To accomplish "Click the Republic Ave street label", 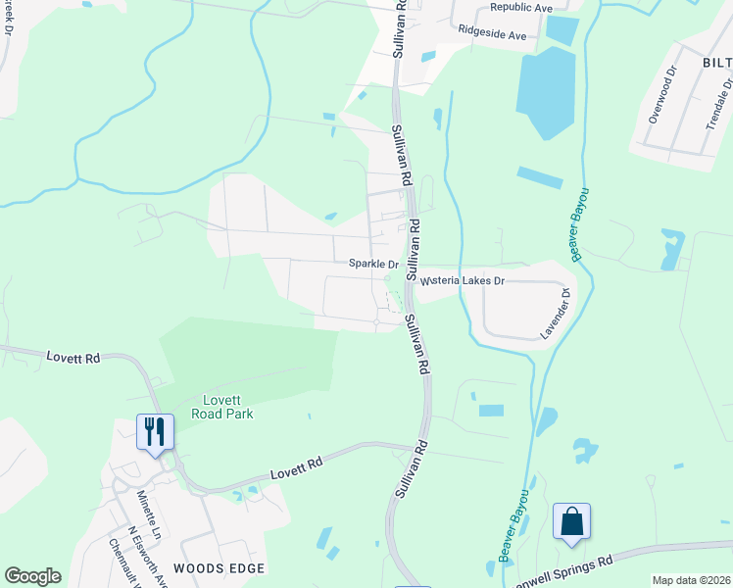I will pyautogui.click(x=521, y=7).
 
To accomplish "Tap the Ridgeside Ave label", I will pyautogui.click(x=493, y=34).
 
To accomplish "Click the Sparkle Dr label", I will pyautogui.click(x=373, y=264).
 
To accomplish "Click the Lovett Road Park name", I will pyautogui.click(x=227, y=407).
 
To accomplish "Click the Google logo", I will pyautogui.click(x=32, y=576).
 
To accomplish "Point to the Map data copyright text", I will pyautogui.click(x=692, y=579).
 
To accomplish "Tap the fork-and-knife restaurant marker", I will pyautogui.click(x=155, y=431).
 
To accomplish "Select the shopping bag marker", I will pyautogui.click(x=571, y=521).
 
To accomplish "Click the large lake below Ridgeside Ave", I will pyautogui.click(x=546, y=88).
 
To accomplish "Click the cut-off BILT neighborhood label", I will pyautogui.click(x=716, y=64).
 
